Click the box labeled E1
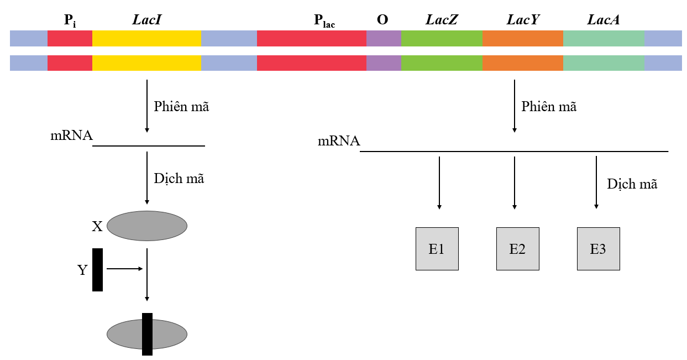(437, 249)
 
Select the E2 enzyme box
(517, 249)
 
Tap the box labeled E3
(598, 249)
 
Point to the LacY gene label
(522, 20)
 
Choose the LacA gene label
(603, 20)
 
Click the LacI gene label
(147, 20)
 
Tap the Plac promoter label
(324, 22)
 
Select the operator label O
(382, 20)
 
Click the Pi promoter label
(70, 21)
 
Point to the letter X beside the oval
(97, 226)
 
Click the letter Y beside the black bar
(82, 270)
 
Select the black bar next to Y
(97, 270)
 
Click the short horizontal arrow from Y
(124, 269)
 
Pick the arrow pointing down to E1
(439, 182)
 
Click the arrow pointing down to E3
(596, 182)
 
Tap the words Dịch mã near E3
(632, 184)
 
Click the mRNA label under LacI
(71, 135)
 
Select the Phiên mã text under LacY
(549, 107)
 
